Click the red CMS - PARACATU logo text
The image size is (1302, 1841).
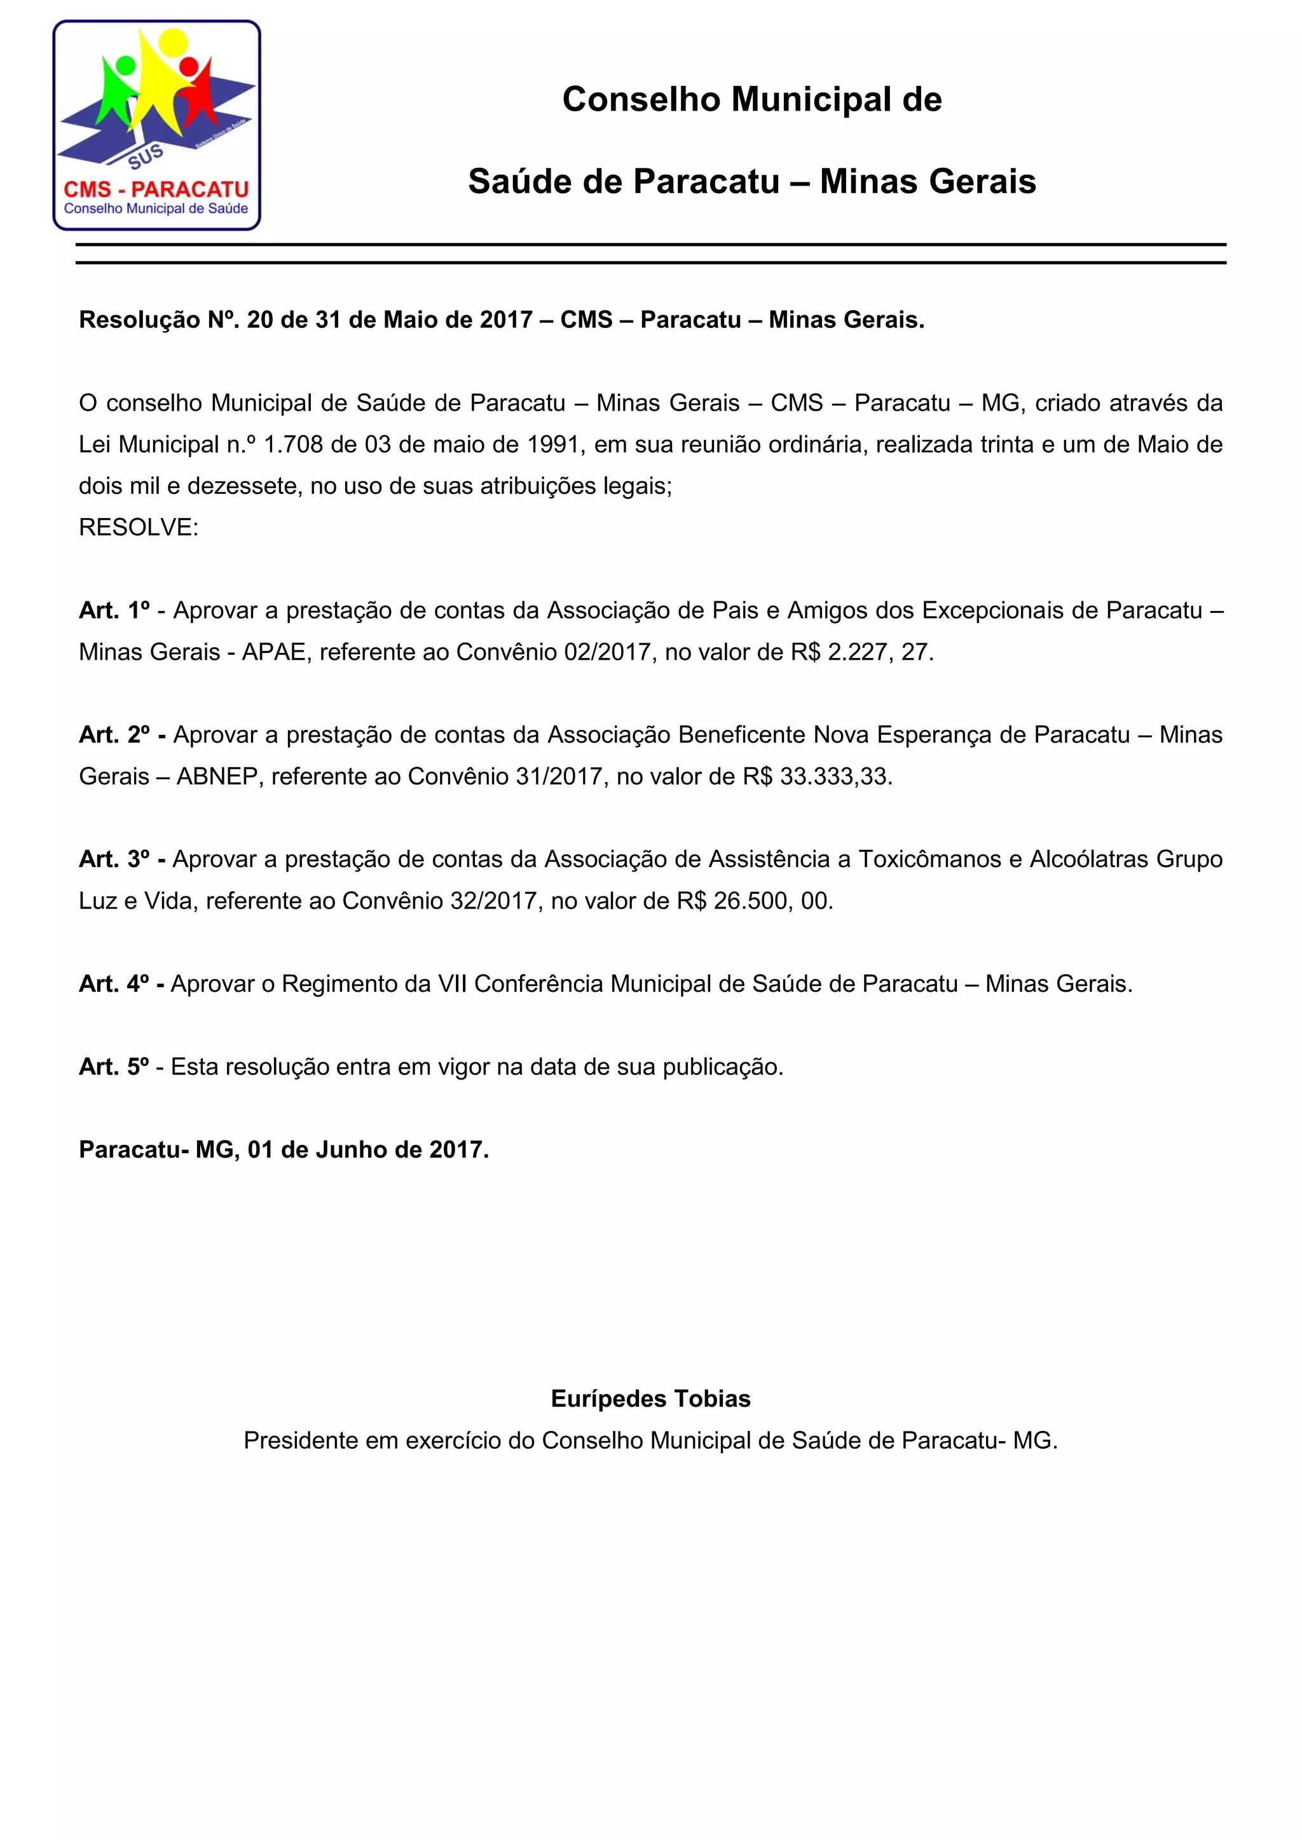[156, 189]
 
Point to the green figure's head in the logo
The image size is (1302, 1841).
[126, 65]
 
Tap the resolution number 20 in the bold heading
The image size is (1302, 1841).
[260, 320]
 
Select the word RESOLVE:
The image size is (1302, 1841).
[139, 528]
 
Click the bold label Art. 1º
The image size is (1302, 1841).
[114, 610]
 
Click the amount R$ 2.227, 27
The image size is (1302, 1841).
[862, 652]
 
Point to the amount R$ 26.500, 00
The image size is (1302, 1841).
[755, 901]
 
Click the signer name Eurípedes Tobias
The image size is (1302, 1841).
[650, 1399]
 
